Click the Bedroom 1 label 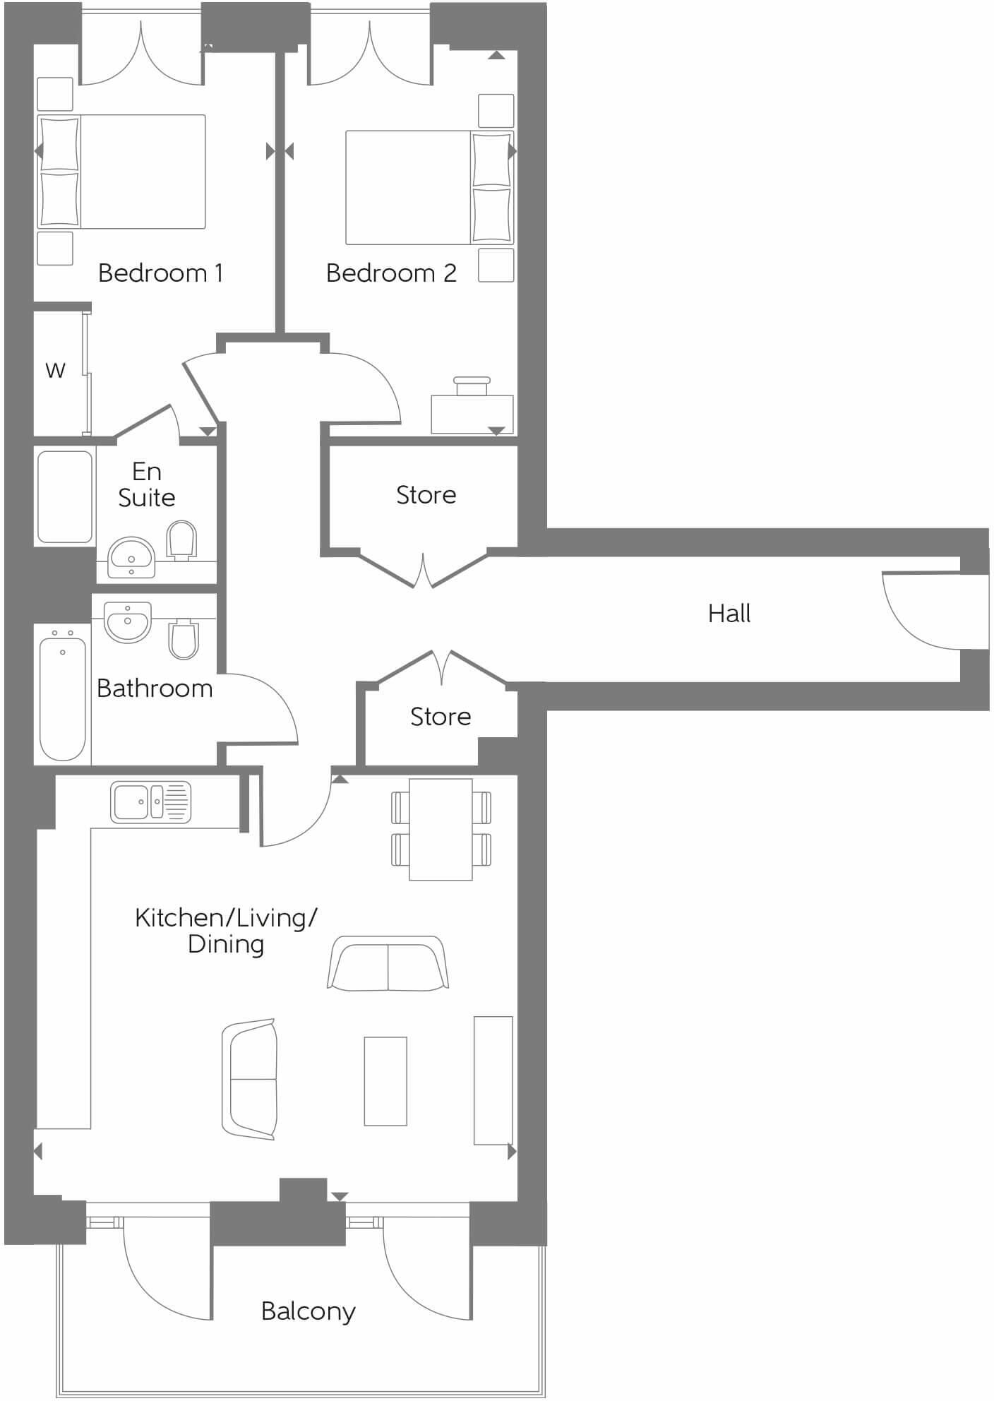tap(160, 273)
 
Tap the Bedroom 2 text tap(390, 273)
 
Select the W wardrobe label tap(55, 370)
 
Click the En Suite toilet tap(181, 541)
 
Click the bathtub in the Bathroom tap(62, 698)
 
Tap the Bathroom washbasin tap(128, 622)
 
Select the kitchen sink tap(150, 802)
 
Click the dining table tap(441, 829)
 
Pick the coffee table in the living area tap(385, 1080)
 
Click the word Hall tap(729, 613)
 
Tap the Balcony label tap(308, 1311)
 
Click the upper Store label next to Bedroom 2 tap(426, 495)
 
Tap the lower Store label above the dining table tap(440, 717)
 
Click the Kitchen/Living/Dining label tap(226, 931)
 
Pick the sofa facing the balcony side tap(388, 963)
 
